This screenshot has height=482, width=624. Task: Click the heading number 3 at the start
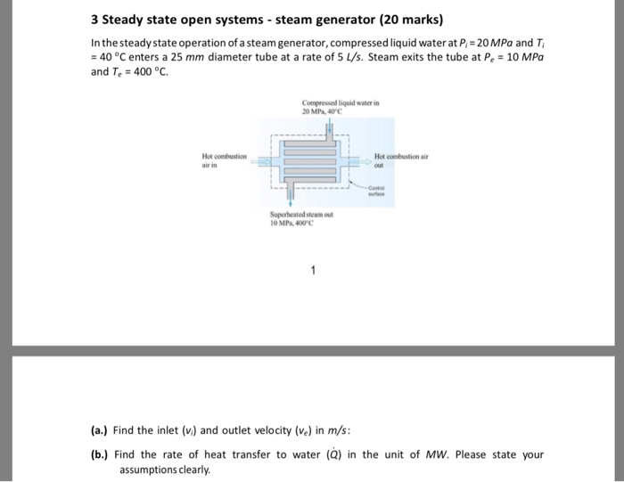[95, 20]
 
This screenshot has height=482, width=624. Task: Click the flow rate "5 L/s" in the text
[347, 57]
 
